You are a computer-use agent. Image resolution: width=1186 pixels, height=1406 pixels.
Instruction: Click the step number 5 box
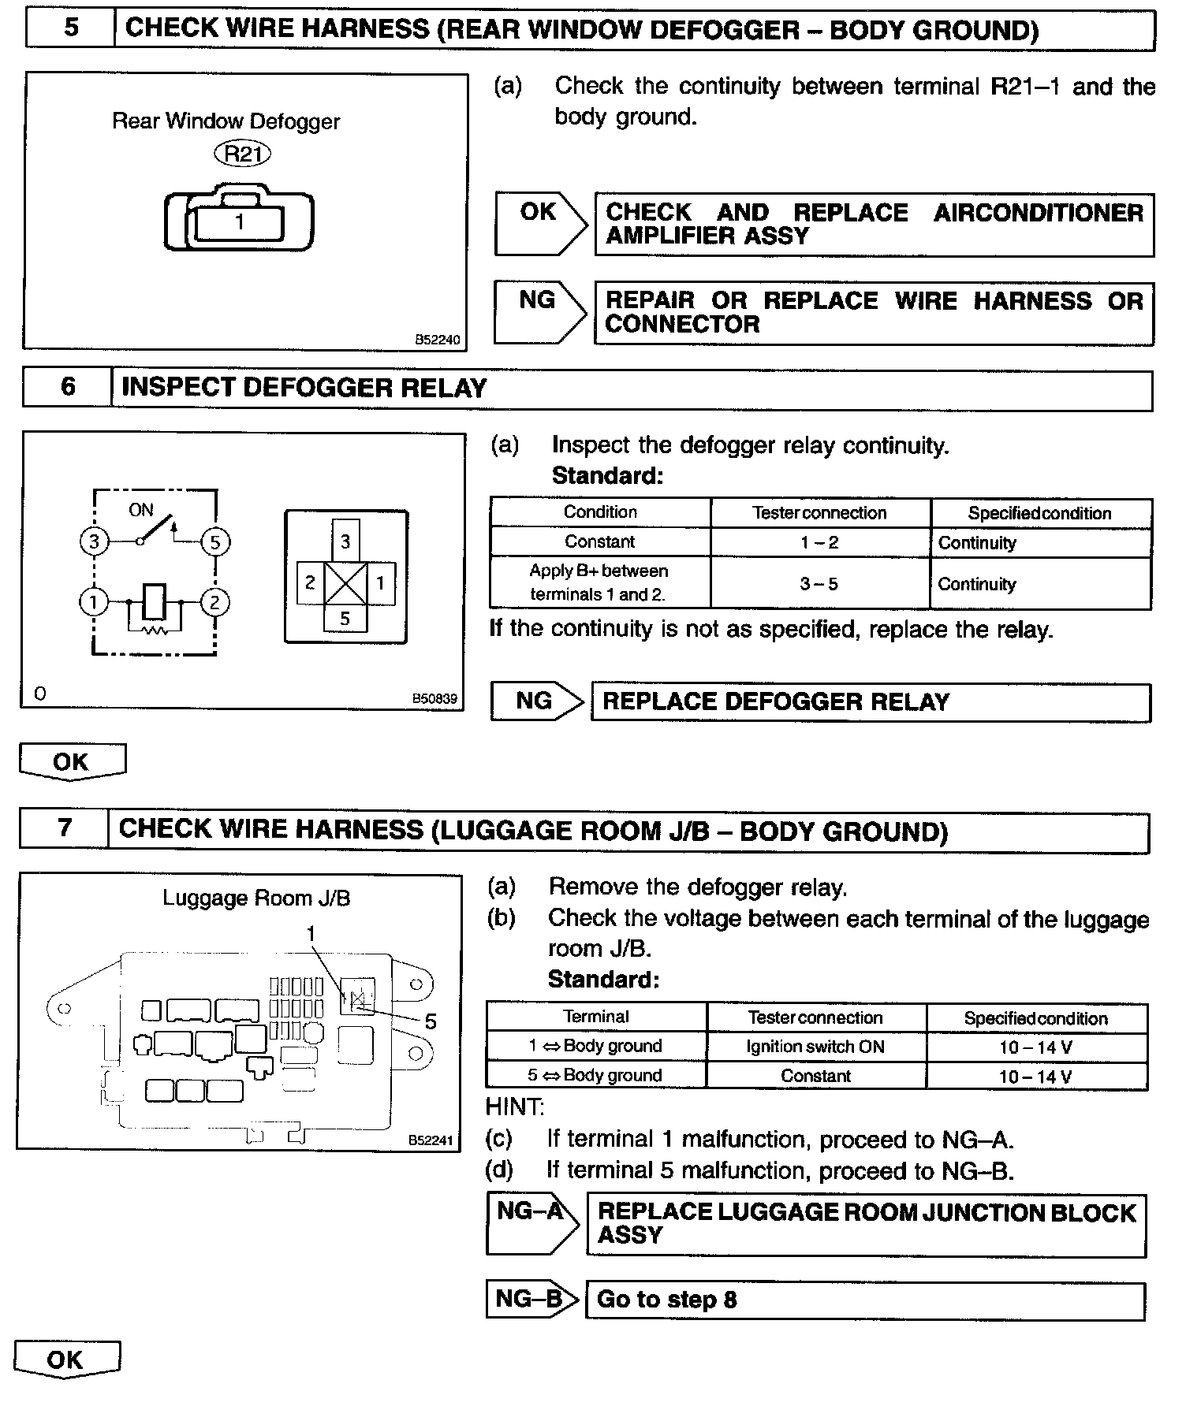pyautogui.click(x=70, y=28)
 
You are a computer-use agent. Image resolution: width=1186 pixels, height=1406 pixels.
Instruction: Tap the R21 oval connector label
pyautogui.click(x=242, y=154)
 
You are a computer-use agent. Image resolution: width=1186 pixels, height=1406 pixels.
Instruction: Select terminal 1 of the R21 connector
pyautogui.click(x=240, y=223)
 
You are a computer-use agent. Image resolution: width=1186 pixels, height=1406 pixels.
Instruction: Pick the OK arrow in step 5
pyautogui.click(x=540, y=224)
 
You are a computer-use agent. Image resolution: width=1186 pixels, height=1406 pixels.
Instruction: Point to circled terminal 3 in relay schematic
pyautogui.click(x=94, y=541)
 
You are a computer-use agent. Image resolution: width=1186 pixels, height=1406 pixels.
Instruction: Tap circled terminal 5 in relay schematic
pyautogui.click(x=215, y=541)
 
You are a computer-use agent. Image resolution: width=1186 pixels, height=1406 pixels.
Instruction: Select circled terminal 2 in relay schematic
pyautogui.click(x=214, y=603)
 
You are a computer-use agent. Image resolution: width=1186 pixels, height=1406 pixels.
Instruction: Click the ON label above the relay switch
pyautogui.click(x=141, y=510)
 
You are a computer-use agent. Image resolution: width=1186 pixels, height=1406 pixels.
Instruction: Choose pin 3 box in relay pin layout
pyautogui.click(x=345, y=540)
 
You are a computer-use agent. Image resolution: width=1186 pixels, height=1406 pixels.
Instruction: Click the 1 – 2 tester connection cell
pyautogui.click(x=819, y=542)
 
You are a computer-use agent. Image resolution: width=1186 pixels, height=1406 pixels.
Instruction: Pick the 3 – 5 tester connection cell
pyautogui.click(x=819, y=584)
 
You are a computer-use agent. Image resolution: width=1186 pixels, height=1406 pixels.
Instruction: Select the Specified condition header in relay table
pyautogui.click(x=1040, y=513)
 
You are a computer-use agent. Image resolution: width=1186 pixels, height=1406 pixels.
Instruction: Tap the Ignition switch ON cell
pyautogui.click(x=815, y=1047)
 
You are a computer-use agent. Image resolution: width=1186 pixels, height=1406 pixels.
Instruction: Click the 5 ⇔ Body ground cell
pyautogui.click(x=595, y=1075)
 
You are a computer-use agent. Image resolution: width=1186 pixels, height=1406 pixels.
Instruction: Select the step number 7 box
pyautogui.click(x=64, y=829)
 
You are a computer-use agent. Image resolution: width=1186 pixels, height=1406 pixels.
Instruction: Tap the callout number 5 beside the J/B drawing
pyautogui.click(x=431, y=1021)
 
